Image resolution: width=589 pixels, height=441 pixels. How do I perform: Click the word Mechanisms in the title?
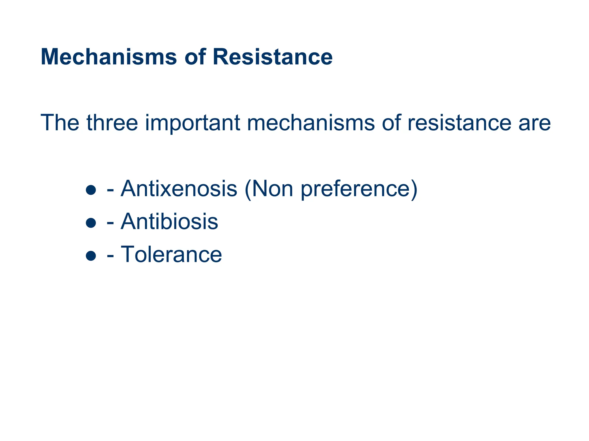tap(109, 57)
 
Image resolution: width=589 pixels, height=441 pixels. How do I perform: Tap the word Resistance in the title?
tap(273, 57)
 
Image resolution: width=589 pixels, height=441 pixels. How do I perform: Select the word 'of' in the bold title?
tap(195, 57)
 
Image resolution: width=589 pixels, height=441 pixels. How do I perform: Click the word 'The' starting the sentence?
tap(60, 123)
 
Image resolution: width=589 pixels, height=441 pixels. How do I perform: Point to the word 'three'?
tap(112, 123)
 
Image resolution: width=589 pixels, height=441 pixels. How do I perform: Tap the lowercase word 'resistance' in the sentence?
tap(459, 123)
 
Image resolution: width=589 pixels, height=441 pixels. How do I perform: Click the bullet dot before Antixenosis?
tap(91, 190)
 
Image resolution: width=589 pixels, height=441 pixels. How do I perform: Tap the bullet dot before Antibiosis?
tap(91, 223)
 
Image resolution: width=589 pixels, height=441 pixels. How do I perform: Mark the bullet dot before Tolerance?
tap(91, 256)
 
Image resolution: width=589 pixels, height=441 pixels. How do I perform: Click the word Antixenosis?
tap(179, 189)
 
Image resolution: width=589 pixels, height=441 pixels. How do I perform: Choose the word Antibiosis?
tap(169, 222)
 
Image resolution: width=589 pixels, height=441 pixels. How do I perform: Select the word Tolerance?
tap(171, 254)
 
